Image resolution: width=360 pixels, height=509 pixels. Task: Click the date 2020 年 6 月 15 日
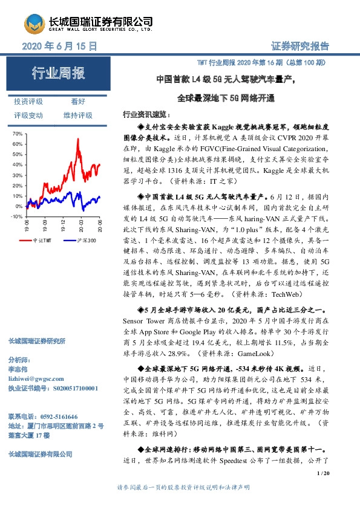pyautogui.click(x=59, y=46)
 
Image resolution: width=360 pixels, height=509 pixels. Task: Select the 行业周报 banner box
pyautogui.click(x=58, y=74)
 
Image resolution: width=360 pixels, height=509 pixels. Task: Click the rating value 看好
pyautogui.click(x=78, y=102)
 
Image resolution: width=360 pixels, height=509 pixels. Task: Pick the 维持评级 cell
pyautogui.click(x=78, y=115)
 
